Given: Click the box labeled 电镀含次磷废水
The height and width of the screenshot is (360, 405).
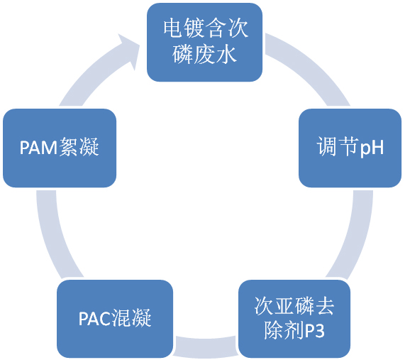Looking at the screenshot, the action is point(204,42).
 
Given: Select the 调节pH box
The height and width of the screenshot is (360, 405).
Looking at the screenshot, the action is point(350,148).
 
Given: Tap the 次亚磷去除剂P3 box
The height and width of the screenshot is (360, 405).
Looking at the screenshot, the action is point(294,319).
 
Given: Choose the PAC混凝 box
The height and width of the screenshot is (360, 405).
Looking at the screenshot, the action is point(115,319).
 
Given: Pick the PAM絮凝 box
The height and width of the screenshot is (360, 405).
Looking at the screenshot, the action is point(60,148).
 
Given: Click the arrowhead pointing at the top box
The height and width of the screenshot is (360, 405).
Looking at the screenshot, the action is point(129,50).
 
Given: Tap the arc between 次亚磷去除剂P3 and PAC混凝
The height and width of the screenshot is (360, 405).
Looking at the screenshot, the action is point(206,347).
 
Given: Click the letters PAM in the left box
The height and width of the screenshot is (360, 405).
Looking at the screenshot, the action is point(38,148).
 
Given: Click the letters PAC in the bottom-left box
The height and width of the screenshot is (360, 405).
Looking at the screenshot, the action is point(95,318).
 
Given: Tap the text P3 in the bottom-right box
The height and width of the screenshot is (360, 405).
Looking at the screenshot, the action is point(315,331).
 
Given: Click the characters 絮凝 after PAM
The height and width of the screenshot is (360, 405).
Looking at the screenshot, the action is point(79,147).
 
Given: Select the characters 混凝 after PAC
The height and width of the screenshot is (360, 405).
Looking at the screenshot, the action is point(131,318).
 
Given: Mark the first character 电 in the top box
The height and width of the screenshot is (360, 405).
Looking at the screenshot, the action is point(174,28).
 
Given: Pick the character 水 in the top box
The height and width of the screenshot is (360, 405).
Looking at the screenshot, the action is point(226,55).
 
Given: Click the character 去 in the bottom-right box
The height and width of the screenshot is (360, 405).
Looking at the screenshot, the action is point(324,306).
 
